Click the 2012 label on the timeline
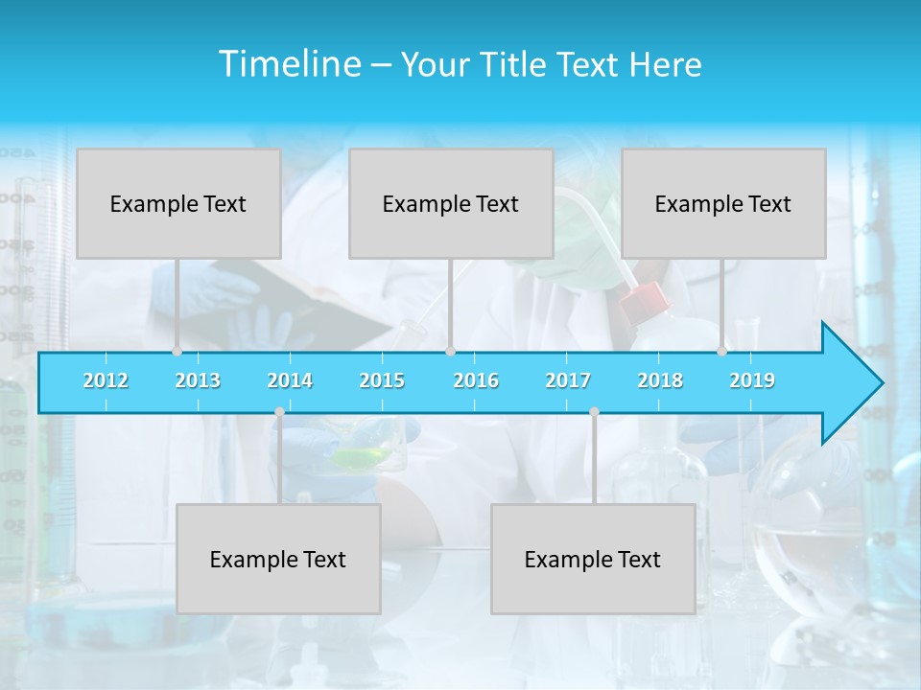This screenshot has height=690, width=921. (106, 380)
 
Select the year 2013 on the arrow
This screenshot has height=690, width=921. (198, 380)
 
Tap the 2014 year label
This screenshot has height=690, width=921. (290, 380)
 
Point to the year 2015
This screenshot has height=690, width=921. (382, 380)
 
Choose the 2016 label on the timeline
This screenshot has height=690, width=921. (476, 380)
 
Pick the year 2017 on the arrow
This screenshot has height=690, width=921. (568, 380)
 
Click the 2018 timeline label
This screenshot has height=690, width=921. (660, 380)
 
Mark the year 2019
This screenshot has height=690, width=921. (752, 380)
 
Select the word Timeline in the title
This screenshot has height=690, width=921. (289, 64)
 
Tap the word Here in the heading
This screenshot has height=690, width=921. (665, 65)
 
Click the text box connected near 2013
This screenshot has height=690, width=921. (178, 203)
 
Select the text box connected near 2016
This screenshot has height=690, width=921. (451, 203)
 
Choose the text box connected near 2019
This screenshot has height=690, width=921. (723, 203)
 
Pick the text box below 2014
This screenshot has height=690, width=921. (278, 559)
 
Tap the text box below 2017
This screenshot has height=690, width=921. (593, 559)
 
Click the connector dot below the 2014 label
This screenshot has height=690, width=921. (279, 412)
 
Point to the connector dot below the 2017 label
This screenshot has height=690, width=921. (594, 412)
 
